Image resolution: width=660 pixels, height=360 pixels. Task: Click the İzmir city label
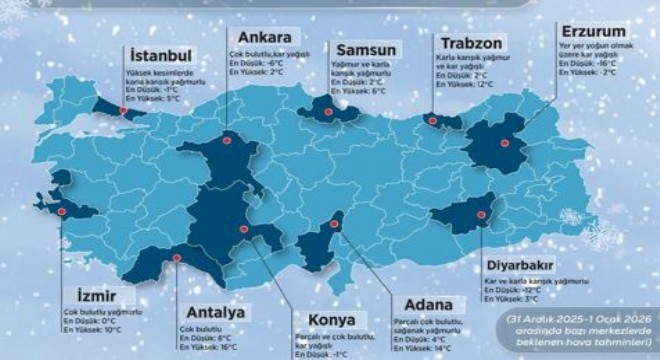(x=101, y=296)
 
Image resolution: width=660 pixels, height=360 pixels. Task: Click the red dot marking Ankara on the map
(x=226, y=141)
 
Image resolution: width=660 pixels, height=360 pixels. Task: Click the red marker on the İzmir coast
(x=62, y=212)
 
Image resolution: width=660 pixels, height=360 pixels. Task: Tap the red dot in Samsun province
(x=330, y=101)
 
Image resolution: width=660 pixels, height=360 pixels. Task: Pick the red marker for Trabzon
(x=432, y=121)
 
